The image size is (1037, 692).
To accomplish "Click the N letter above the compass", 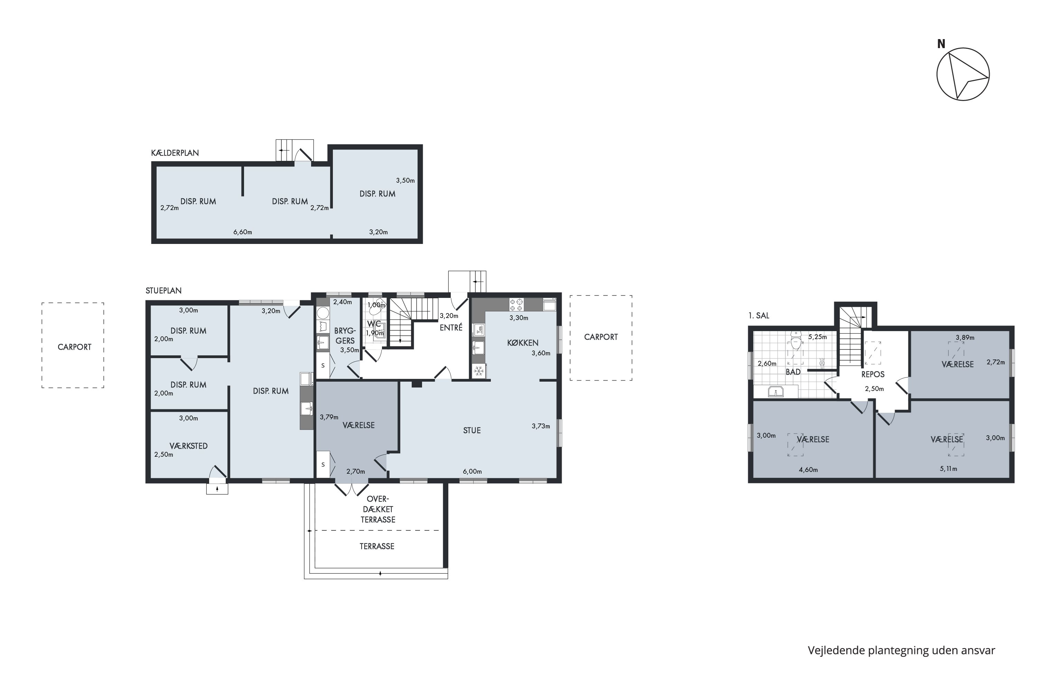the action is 941,44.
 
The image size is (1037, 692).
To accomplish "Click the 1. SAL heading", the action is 759,316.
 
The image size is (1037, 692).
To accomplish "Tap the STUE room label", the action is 472,431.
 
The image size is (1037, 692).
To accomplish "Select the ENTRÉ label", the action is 451,327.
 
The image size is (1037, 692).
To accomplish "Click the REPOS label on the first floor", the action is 873,374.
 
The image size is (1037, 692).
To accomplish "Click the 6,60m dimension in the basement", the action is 243,232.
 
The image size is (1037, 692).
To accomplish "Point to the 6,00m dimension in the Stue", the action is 472,471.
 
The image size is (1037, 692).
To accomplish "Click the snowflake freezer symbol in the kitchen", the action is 479,371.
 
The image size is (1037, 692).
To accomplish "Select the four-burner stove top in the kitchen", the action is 516,304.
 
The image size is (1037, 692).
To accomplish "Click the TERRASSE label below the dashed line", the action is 377,546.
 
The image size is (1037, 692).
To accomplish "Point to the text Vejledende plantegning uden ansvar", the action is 901,650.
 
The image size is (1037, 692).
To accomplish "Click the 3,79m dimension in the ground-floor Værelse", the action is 329,417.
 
